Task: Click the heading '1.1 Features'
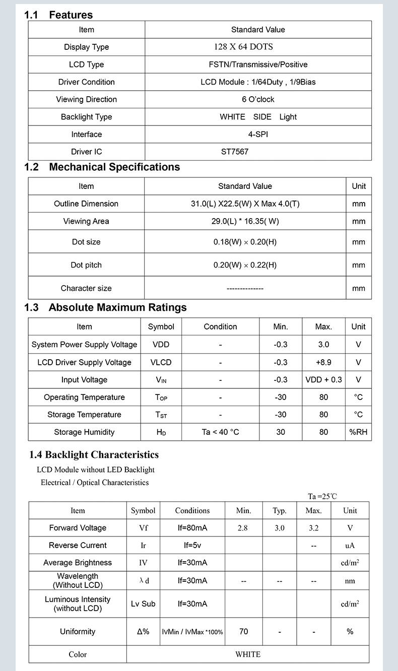pos(58,15)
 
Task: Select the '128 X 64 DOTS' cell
pos(243,47)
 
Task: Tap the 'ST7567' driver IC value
pos(235,152)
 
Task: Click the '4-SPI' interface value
pos(258,134)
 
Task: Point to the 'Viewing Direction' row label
pos(86,99)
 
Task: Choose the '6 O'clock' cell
pos(258,99)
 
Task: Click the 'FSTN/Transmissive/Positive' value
pos(258,64)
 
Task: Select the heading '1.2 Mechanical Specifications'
pos(102,167)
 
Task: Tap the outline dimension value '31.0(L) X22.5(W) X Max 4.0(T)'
pos(245,204)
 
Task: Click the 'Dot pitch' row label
pos(86,265)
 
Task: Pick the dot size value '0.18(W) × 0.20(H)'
pos(245,242)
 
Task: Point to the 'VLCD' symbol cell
pos(161,362)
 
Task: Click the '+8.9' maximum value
pos(323,362)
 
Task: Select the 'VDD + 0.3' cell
pos(323,379)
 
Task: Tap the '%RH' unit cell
pos(358,432)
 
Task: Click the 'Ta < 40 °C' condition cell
pos(220,432)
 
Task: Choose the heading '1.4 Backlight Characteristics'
pos(94,455)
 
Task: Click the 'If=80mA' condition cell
pos(192,528)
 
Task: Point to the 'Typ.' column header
pos(280,510)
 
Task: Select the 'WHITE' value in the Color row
pos(248,654)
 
